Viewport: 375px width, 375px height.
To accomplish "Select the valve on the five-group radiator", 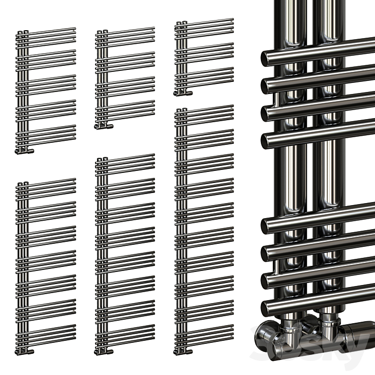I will (x=24, y=150).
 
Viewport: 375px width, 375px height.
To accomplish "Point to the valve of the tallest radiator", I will (x=180, y=350).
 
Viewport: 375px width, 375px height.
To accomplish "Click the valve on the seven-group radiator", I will (x=24, y=350).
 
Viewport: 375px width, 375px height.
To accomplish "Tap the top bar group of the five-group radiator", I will (x=48, y=35).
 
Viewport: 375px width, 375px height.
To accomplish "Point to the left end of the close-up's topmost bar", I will (x=267, y=58).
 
